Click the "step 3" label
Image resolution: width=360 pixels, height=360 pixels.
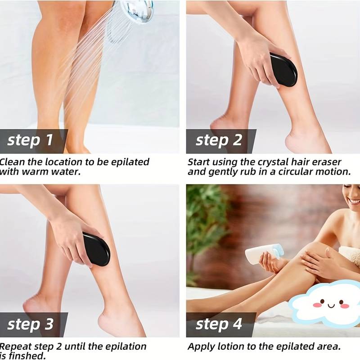point(30,324)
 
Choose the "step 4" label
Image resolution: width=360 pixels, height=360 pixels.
point(219,324)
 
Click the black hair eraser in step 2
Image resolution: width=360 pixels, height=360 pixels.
point(283,70)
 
